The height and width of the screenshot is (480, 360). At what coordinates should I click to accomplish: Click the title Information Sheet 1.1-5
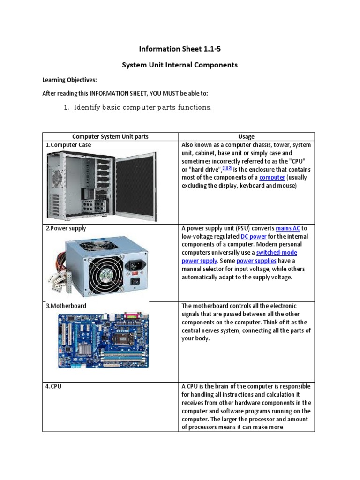180,49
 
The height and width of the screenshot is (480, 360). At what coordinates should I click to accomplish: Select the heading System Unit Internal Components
180,65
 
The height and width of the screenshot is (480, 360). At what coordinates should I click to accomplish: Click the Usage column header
246,136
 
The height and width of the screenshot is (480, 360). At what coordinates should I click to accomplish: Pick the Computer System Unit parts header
110,136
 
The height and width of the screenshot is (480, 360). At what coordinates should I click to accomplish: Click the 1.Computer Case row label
68,145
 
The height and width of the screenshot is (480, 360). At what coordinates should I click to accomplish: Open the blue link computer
272,178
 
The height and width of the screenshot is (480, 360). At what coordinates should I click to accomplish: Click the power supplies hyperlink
256,261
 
